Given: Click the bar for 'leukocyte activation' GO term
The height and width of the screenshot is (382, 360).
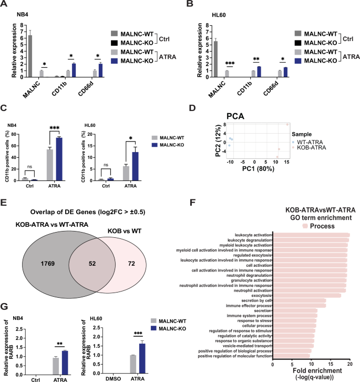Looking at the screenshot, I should [311, 235].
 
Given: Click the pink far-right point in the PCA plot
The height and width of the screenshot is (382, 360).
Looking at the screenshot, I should [287, 124].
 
